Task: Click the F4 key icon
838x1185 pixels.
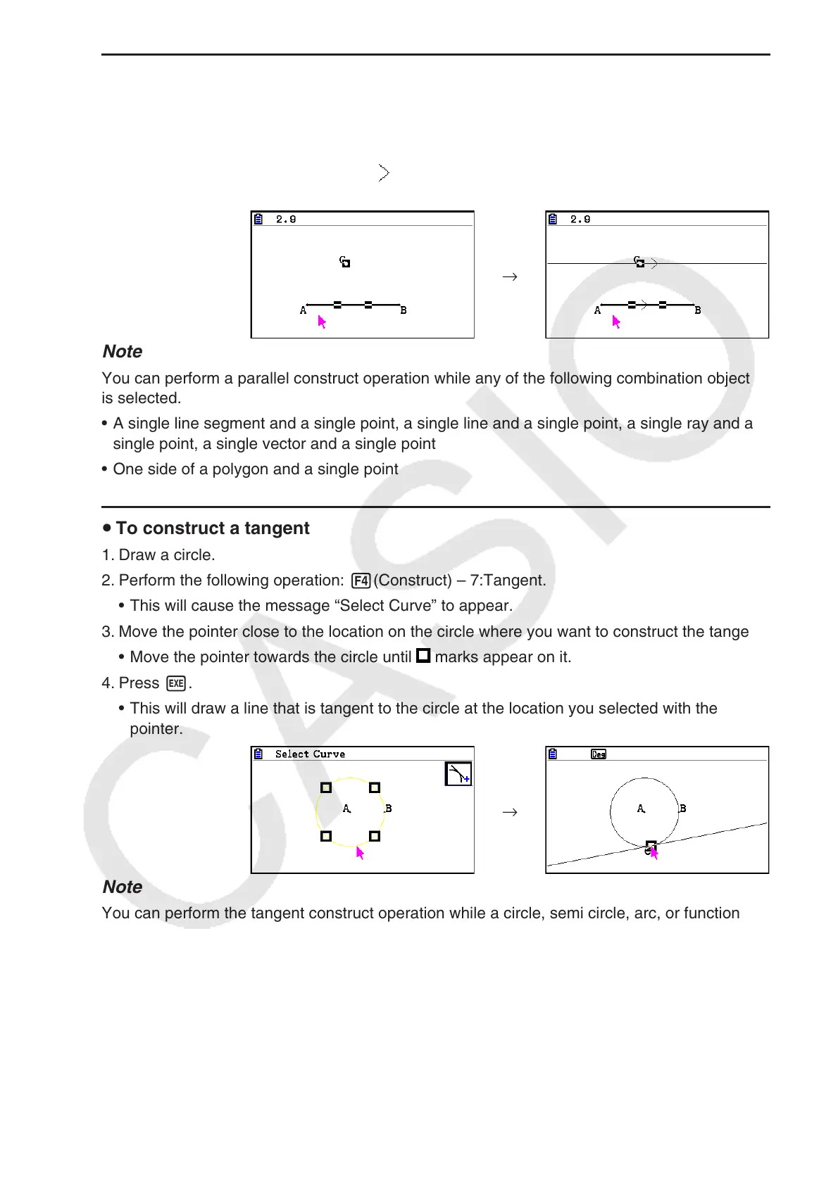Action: point(361,581)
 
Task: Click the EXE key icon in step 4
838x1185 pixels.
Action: point(176,684)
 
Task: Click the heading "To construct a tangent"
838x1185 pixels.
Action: point(212,528)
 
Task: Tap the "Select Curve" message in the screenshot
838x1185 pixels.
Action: point(310,754)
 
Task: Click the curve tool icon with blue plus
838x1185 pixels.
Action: point(458,774)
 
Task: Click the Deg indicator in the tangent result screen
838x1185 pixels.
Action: point(599,754)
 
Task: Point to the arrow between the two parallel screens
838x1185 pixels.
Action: point(510,277)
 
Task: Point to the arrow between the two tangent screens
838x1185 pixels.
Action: point(510,813)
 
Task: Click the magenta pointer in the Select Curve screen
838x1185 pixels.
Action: point(360,854)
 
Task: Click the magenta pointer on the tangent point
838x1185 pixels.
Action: point(653,853)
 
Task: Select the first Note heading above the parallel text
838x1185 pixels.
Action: point(123,352)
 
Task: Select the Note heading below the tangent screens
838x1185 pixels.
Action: point(123,887)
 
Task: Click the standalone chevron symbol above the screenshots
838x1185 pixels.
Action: point(384,173)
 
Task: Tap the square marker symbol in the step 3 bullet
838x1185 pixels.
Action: point(423,656)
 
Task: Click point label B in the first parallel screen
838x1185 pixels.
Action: point(404,310)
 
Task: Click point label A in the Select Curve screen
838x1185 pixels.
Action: point(346,809)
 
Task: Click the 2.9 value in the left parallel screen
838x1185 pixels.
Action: point(286,220)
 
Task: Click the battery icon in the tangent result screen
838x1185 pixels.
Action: point(553,754)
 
